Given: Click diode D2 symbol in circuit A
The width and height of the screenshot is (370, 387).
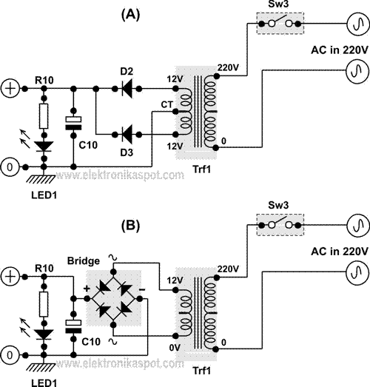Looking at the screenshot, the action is point(127,88).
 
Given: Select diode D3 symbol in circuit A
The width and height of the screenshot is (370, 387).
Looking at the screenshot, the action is point(127,135).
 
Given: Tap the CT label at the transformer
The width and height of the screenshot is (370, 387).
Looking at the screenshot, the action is point(167,104).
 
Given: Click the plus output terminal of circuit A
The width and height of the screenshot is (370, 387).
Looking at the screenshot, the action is point(10,88).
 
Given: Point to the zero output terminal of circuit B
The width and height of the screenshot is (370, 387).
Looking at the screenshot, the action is point(10,355).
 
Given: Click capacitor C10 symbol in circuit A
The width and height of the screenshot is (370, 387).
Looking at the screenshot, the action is point(73,123).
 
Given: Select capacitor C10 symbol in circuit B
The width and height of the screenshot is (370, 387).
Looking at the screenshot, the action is point(73,326).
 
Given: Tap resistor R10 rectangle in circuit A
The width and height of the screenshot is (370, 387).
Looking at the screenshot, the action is point(44,116).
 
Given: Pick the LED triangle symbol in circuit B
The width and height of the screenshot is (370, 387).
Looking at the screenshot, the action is point(44,334).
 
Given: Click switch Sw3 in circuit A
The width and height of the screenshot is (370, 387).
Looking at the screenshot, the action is point(280,24).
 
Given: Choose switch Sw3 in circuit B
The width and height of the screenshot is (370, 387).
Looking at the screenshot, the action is point(280,225).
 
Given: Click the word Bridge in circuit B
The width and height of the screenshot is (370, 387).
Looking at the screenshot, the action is point(84,261).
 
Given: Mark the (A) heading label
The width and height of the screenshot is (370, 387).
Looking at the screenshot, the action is point(130,15).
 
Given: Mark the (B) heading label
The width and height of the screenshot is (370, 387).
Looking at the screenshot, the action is point(130,225).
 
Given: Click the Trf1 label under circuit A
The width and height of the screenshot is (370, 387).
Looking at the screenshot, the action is point(202,169).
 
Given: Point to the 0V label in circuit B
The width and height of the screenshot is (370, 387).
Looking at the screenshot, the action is point(175,348).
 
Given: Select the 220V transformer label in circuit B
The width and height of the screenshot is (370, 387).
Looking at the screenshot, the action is point(228,269).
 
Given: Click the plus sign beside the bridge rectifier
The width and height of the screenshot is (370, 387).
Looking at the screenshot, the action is point(87,289).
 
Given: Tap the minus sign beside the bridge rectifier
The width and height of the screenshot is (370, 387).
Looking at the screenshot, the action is point(142,289).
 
